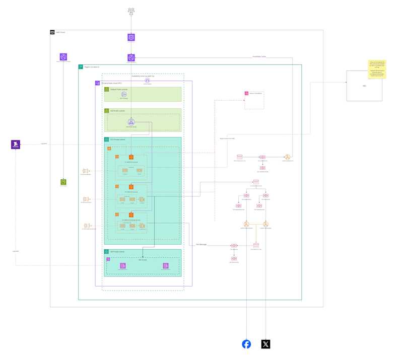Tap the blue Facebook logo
246,344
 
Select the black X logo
265,344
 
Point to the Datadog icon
16,145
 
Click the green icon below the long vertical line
63,182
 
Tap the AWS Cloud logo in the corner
52,32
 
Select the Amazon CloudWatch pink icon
246,93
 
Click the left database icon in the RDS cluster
122,266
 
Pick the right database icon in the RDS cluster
166,266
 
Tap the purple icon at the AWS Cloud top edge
131,37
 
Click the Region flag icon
81,66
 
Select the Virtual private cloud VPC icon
98,83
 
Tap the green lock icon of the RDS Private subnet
107,252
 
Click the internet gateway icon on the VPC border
148,80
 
